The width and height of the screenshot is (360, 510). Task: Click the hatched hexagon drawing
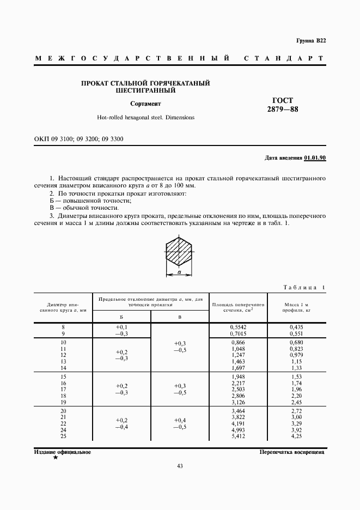179,252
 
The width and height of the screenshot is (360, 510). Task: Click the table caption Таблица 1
304,288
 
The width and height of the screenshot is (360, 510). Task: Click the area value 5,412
239,436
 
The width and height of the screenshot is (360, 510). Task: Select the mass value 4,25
297,436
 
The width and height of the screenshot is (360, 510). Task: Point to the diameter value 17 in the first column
63,389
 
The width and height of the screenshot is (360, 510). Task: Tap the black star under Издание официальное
55,458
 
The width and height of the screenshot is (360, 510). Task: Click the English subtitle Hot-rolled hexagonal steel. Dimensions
145,117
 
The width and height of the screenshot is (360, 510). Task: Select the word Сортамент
145,104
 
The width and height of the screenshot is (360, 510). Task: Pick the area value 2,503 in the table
239,389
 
